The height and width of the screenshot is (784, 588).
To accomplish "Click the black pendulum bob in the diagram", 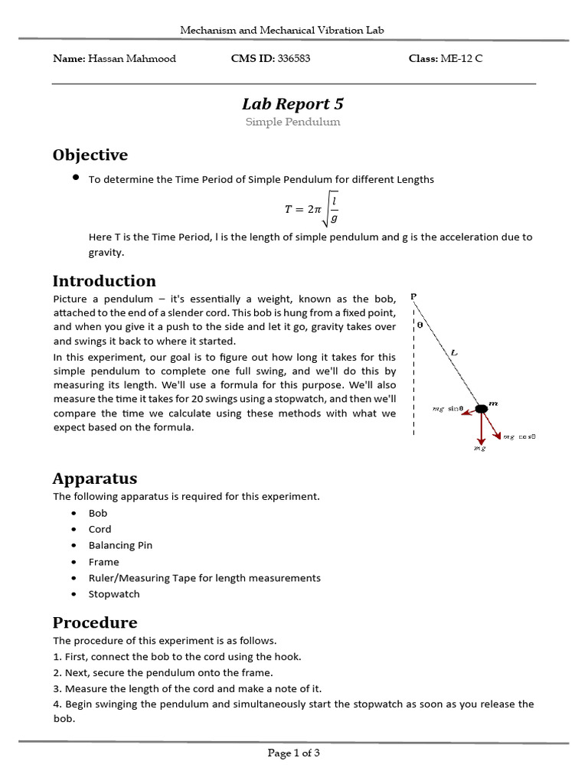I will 482,410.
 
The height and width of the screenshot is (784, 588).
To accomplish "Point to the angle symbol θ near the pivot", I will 420,324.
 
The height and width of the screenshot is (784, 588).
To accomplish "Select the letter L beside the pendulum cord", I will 454,352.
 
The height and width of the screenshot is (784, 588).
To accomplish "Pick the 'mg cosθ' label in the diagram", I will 519,436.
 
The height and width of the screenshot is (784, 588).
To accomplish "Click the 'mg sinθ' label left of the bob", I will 449,410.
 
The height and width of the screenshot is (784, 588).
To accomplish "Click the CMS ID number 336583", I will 293,58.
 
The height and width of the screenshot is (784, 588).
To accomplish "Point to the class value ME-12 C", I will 462,58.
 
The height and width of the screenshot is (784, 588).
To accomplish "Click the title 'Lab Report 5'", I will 293,103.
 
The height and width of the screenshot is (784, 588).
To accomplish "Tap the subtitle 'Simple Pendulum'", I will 293,122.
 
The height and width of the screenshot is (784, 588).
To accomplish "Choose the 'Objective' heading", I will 90,155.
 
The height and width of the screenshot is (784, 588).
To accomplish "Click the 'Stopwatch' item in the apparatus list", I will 114,594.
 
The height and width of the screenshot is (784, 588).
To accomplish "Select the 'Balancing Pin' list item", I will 120,545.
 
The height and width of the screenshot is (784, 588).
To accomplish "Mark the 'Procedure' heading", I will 95,622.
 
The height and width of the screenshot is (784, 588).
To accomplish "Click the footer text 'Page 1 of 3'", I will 293,753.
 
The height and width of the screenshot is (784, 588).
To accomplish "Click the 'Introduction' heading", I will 104,281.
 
